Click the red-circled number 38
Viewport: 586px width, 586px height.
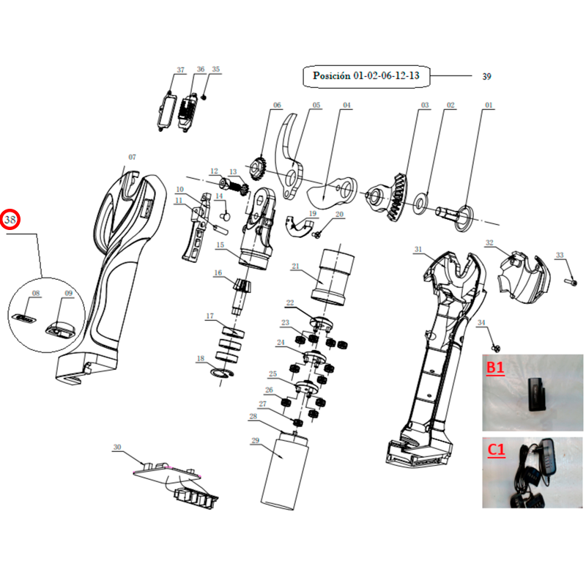point(10,219)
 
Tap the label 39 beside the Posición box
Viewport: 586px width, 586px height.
point(486,76)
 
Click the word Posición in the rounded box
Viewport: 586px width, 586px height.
point(332,75)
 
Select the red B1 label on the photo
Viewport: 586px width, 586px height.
point(495,368)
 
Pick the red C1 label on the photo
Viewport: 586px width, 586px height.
point(497,450)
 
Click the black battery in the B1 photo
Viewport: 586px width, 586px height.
point(537,395)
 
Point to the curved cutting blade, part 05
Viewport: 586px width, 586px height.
point(289,156)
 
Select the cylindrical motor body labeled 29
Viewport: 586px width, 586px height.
point(284,471)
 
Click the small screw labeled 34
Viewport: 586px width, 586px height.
point(496,349)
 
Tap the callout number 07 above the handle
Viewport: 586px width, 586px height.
point(133,157)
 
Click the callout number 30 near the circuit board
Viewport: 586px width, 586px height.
point(117,447)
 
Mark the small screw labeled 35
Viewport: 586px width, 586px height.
point(204,97)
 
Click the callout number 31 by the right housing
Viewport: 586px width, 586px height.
point(418,249)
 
